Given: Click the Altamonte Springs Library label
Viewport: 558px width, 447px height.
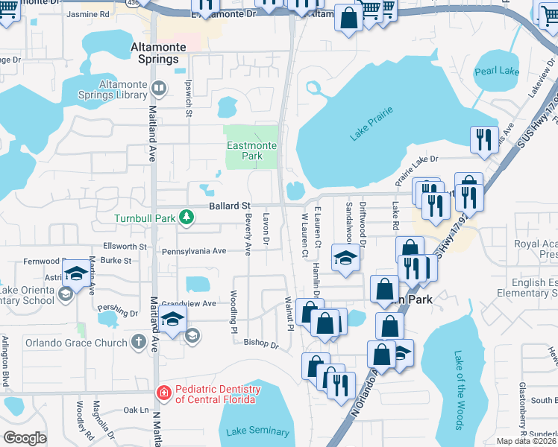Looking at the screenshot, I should click(x=112, y=89).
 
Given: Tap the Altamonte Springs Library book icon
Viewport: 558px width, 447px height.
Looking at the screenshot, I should click(x=158, y=89).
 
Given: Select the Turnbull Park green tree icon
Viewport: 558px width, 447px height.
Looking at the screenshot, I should click(x=186, y=218).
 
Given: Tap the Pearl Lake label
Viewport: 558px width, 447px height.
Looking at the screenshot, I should click(x=497, y=72).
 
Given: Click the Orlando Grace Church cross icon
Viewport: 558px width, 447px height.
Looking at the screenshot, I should click(x=137, y=342).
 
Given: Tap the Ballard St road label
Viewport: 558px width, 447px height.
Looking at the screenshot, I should click(x=229, y=205).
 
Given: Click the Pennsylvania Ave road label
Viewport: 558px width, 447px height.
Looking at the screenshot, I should click(x=194, y=252).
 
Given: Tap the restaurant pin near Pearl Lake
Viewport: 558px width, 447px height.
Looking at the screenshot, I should click(x=483, y=138).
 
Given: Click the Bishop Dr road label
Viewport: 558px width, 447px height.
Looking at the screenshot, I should click(x=261, y=343).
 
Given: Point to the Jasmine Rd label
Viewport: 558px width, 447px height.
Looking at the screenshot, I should click(x=108, y=14).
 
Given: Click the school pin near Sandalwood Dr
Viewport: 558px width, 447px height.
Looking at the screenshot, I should click(x=345, y=258).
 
